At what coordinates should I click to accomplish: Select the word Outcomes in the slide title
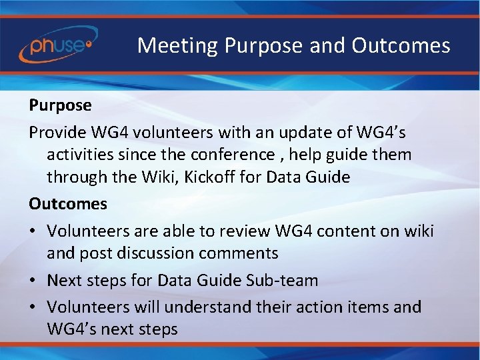pos(401,46)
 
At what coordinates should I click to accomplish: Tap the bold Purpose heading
pos(60,105)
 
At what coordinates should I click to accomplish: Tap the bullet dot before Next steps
pos(33,281)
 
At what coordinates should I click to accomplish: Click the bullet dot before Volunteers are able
pos(33,231)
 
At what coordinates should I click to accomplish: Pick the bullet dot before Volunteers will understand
pos(33,307)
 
